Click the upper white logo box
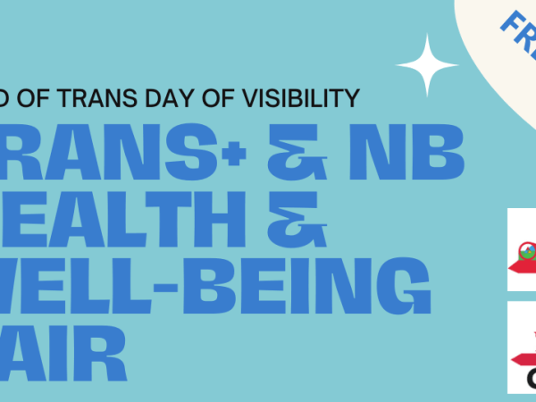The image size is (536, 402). [x=522, y=249]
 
